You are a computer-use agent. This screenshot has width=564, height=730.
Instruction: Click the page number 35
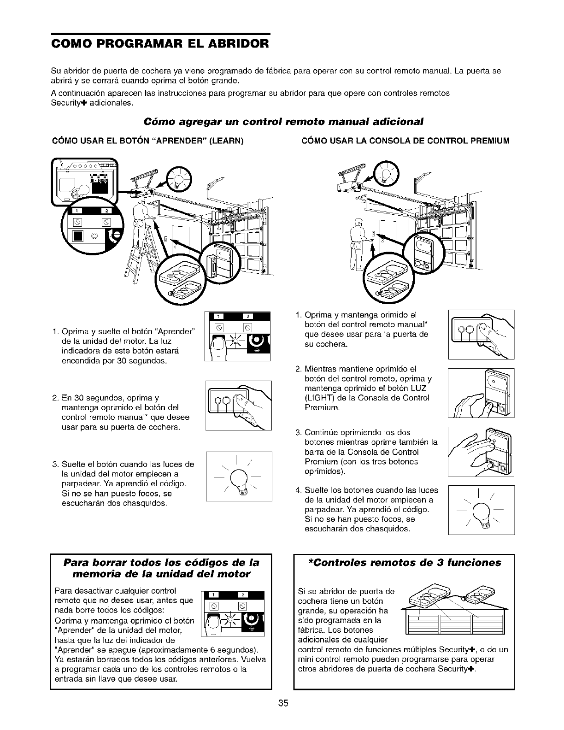pyautogui.click(x=283, y=703)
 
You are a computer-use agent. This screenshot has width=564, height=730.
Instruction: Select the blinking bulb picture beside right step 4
pyautogui.click(x=481, y=510)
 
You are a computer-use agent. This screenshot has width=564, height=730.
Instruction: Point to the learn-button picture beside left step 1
pyautogui.click(x=237, y=336)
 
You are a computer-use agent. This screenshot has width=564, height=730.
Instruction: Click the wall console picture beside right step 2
pyautogui.click(x=481, y=393)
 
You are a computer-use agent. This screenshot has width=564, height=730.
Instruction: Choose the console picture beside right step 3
pyautogui.click(x=481, y=452)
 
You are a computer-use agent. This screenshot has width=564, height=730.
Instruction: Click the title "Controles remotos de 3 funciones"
pyautogui.click(x=400, y=563)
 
